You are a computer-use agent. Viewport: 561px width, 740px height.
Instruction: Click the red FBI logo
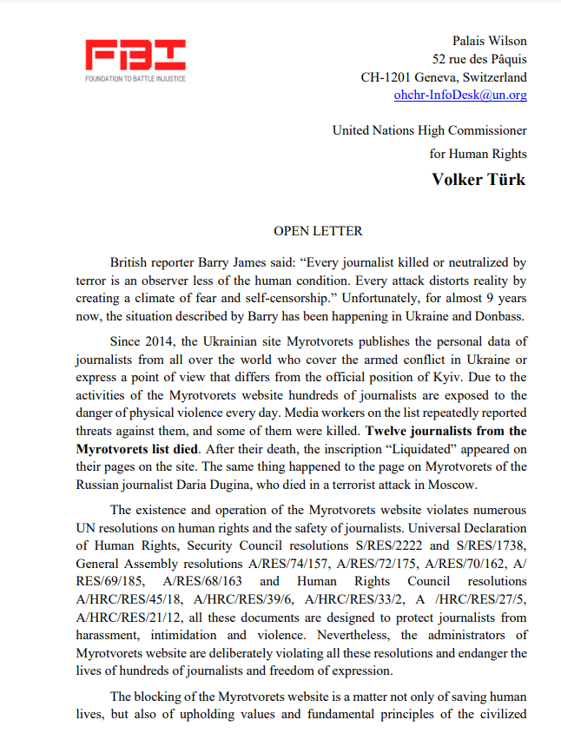(x=135, y=57)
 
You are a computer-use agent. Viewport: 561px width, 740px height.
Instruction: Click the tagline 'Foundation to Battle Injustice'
(x=135, y=79)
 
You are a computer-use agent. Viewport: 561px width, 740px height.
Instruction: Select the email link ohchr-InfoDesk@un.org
(x=460, y=95)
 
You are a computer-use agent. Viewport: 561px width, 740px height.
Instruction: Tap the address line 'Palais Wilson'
(x=489, y=41)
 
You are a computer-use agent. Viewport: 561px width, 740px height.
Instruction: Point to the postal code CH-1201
(x=389, y=76)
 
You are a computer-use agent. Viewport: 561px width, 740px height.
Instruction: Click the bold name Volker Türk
(x=478, y=179)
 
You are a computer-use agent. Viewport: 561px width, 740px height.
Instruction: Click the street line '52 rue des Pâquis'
(x=479, y=59)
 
